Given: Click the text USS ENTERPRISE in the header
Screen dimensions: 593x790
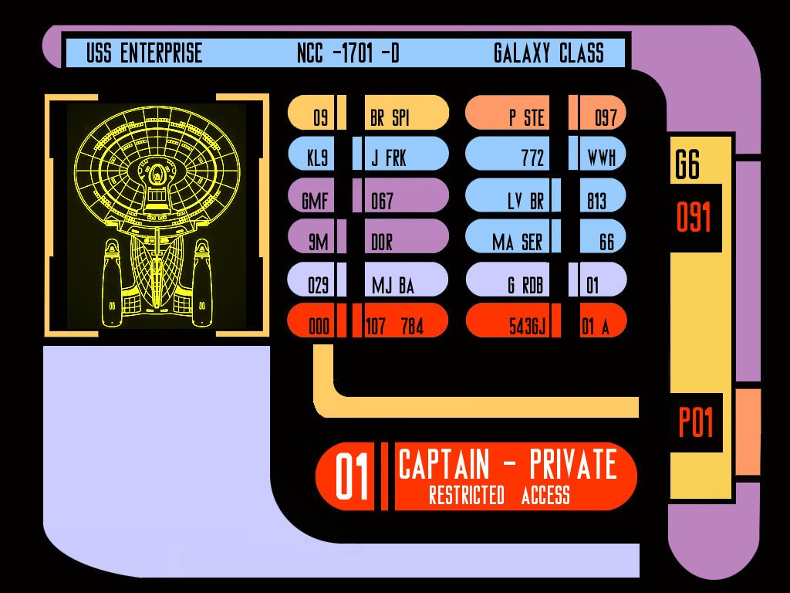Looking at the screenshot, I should point(144,53).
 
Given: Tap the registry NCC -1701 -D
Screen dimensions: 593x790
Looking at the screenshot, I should point(348,53).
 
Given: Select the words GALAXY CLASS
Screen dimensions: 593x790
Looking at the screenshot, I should point(549,53).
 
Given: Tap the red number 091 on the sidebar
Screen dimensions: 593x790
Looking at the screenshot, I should point(694,218).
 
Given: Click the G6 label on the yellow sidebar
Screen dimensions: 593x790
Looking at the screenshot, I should point(687,165).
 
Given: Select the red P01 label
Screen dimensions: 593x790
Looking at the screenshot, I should point(695,423).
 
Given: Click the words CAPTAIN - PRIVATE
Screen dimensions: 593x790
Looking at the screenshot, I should point(507,465).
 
